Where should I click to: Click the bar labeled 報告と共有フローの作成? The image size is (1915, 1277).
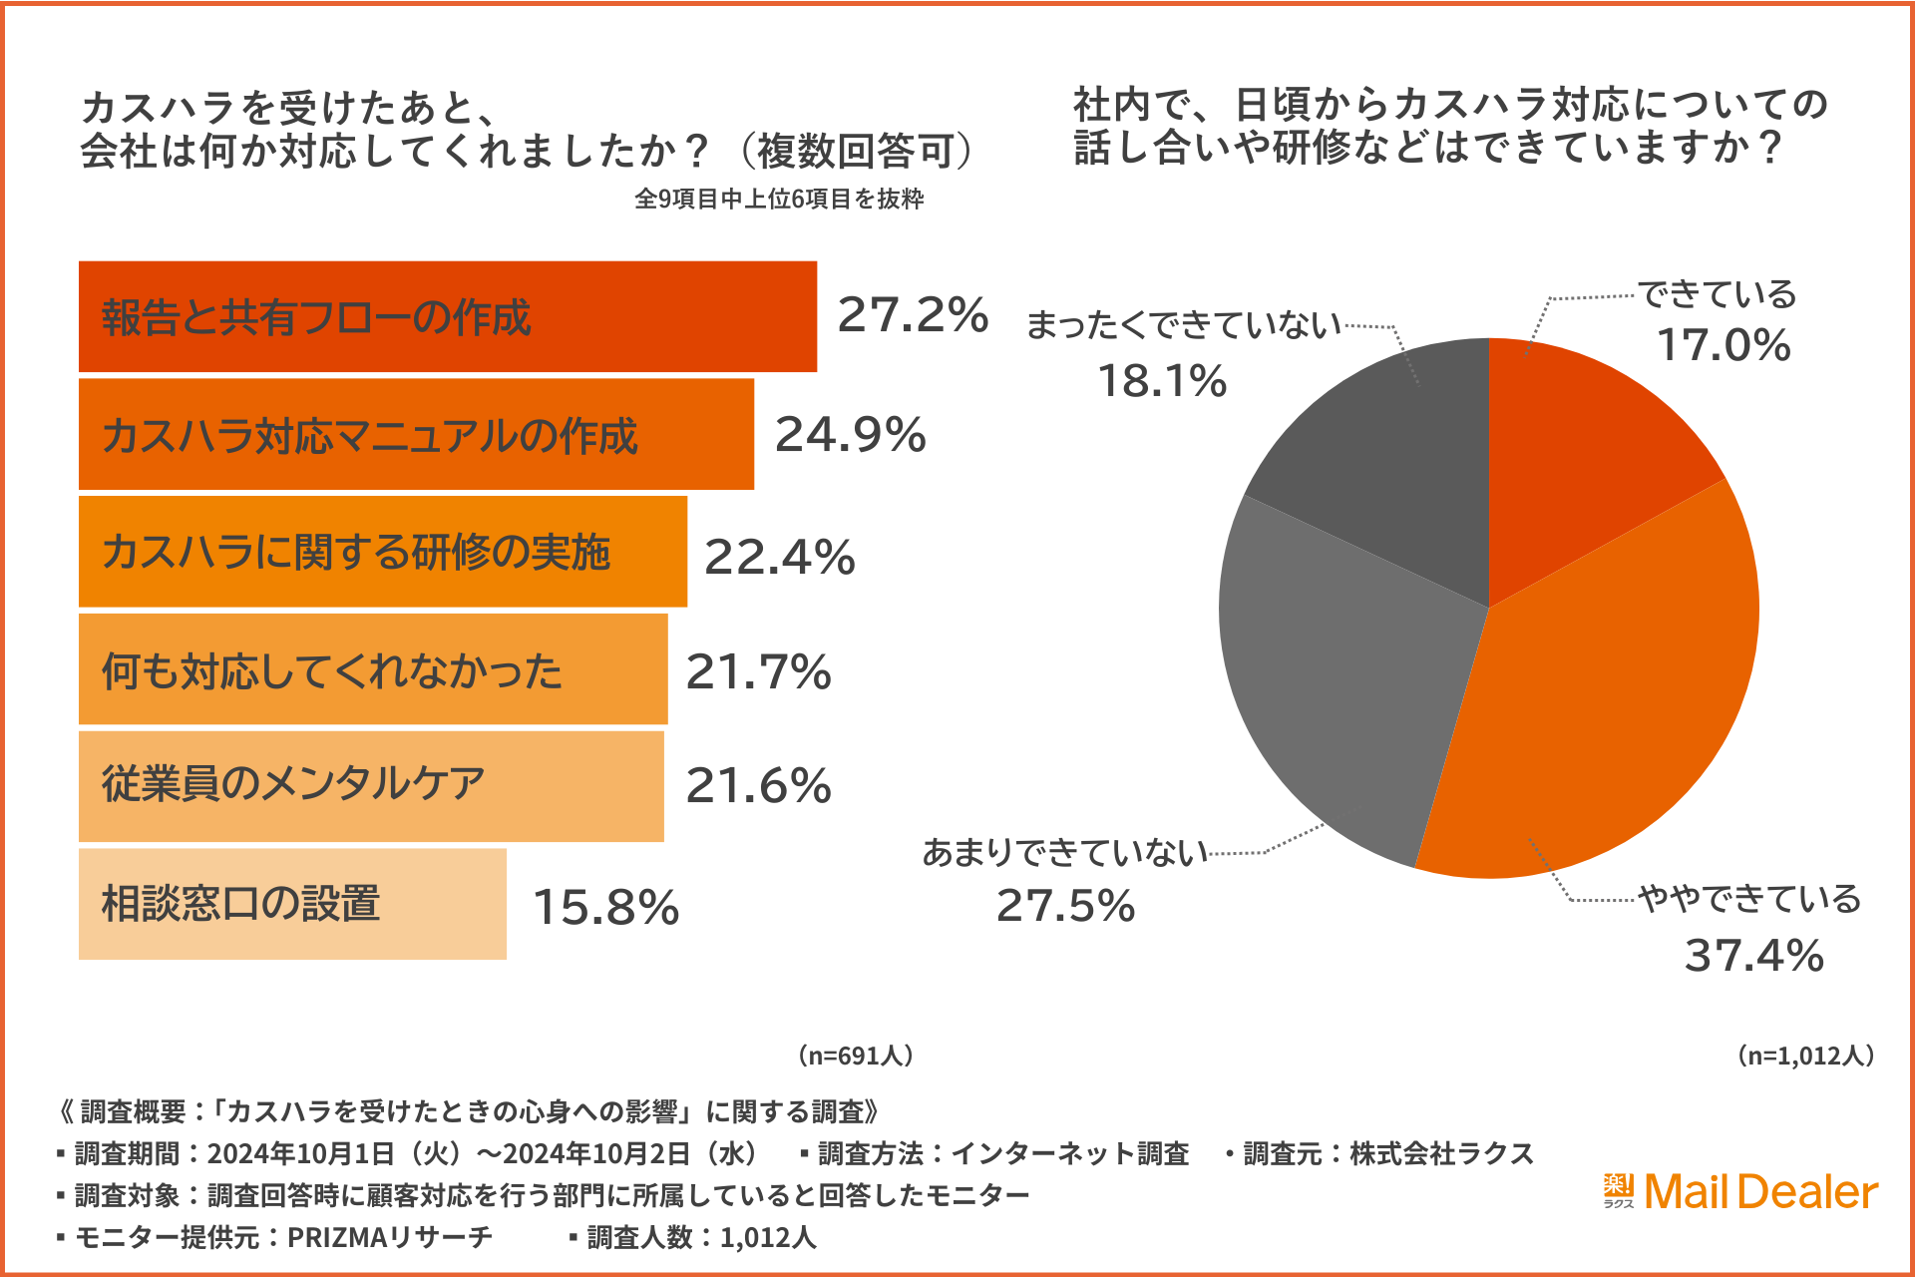[447, 316]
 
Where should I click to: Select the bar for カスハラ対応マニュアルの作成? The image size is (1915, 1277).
[416, 434]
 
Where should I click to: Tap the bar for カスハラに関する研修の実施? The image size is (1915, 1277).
[382, 552]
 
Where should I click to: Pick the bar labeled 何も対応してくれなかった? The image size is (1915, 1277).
[372, 669]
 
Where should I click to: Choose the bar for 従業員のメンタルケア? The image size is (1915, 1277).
[370, 786]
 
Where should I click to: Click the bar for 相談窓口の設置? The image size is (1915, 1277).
[291, 904]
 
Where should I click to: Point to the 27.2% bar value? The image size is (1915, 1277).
[912, 315]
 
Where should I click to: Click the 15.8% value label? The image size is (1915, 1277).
[605, 907]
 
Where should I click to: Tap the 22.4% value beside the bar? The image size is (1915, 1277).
[779, 557]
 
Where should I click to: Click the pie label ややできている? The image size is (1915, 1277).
[1749, 899]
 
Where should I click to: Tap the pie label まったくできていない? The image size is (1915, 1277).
[1184, 325]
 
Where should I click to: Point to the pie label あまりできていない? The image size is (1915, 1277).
[1064, 853]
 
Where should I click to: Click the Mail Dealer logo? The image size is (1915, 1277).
[1740, 1191]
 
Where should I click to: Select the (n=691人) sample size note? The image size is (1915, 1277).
[855, 1056]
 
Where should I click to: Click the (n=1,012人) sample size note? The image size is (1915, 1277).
[1805, 1056]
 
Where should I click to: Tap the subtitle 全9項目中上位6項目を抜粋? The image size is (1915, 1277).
[779, 199]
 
